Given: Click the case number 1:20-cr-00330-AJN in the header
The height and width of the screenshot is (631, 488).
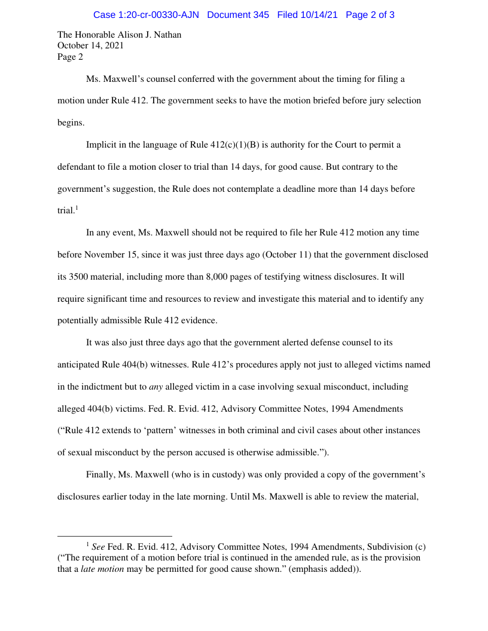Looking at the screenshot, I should click(x=146, y=15).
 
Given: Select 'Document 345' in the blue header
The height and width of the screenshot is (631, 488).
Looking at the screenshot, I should click(x=238, y=15).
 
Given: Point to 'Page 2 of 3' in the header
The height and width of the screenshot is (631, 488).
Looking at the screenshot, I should click(x=370, y=15).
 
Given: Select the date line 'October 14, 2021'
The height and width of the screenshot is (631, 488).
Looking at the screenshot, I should click(x=90, y=46).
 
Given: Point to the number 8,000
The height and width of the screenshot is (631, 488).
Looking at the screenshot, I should click(x=260, y=277).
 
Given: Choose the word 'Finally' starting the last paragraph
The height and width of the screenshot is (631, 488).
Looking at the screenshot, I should click(x=100, y=474).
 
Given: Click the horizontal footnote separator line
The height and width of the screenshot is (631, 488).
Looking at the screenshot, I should click(x=115, y=536).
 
